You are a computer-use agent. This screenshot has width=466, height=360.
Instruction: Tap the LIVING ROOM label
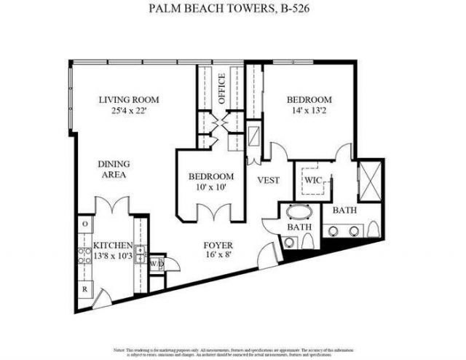tap(130, 100)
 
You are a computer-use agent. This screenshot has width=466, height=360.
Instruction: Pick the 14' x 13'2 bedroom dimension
tap(309, 111)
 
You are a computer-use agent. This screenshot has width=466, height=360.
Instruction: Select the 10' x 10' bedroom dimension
tap(210, 188)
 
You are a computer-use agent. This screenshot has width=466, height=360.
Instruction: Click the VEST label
tap(269, 179)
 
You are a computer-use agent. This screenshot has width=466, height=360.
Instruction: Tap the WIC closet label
tap(313, 179)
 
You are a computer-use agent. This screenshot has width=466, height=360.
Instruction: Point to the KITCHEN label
tap(112, 246)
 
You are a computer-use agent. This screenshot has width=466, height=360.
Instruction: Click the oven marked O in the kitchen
tap(85, 223)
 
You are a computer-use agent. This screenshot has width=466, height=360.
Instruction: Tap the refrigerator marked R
tap(85, 289)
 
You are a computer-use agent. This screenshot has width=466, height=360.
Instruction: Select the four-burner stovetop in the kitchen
tap(85, 256)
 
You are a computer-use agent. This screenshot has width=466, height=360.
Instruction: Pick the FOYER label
tap(217, 246)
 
